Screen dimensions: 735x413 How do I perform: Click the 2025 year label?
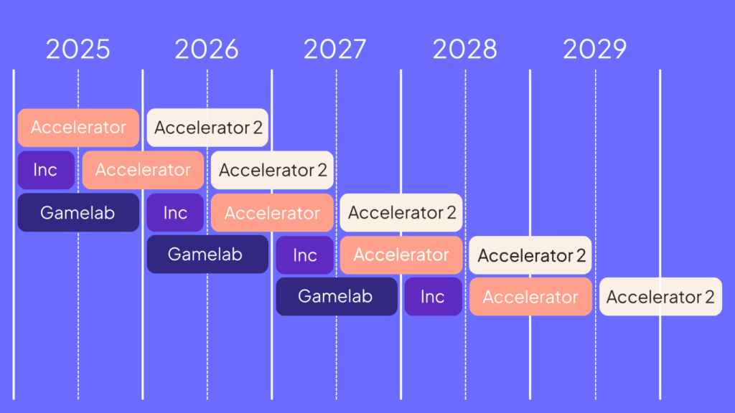78,49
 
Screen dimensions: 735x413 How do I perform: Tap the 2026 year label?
207,49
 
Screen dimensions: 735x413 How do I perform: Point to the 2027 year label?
334,49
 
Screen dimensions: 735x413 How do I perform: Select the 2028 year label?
464,49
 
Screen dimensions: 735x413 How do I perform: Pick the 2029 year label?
594,49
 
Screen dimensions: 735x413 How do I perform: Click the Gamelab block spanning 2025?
78,212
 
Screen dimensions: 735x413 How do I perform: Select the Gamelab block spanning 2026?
207,255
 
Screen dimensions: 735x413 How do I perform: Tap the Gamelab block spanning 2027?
337,296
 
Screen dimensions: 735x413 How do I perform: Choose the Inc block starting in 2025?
46,170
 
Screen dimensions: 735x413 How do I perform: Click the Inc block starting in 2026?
175,212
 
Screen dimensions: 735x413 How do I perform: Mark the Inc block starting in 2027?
304,255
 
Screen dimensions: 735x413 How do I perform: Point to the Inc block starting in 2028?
433,296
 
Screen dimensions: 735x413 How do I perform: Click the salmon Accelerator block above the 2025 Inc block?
78,128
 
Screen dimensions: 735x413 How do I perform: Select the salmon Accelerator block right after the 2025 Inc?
143,170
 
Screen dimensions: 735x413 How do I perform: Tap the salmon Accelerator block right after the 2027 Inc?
401,255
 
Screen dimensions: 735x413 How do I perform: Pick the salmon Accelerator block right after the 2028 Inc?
530,296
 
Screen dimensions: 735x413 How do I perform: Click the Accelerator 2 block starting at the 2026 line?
207,128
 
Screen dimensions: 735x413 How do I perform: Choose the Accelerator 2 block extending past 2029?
660,296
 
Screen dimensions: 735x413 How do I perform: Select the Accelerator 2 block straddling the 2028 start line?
401,212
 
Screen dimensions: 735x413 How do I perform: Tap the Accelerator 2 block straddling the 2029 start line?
530,255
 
